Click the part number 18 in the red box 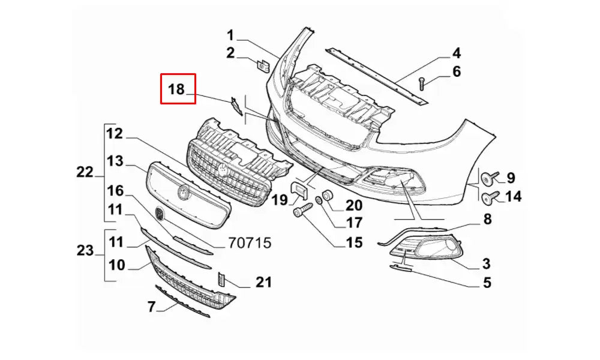click(x=176, y=89)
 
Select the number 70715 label click(x=250, y=242)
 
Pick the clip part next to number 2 click(x=263, y=64)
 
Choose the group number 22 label click(x=85, y=172)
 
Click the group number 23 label click(x=85, y=251)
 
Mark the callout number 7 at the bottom click(x=151, y=307)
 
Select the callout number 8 click(x=487, y=220)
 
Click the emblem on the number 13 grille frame click(x=183, y=193)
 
